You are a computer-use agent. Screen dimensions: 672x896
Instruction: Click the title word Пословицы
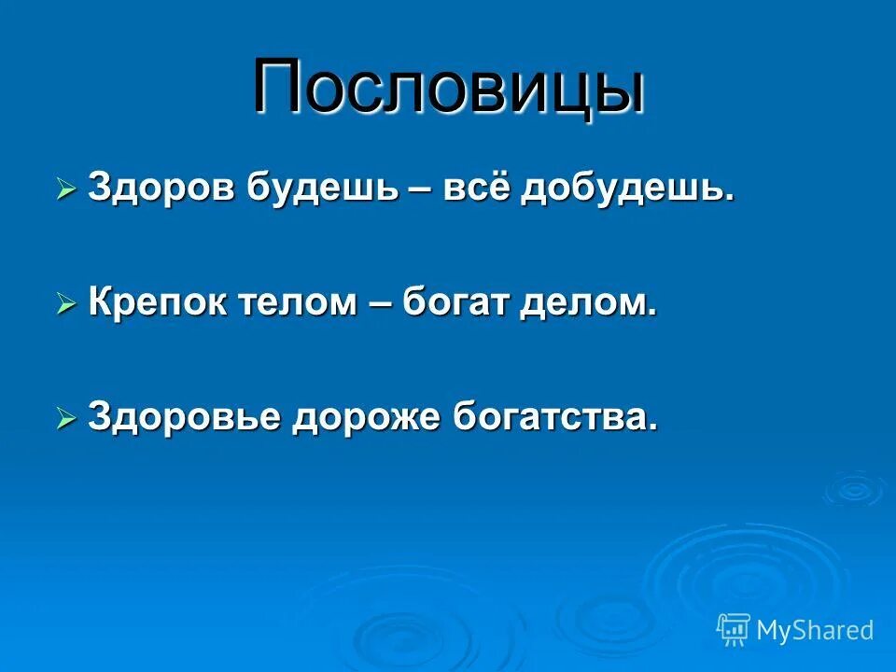point(448,90)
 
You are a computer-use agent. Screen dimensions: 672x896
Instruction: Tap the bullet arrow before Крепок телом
point(65,305)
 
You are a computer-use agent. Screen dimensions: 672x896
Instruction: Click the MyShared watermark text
point(815,630)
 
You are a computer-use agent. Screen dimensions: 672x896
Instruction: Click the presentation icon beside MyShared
point(734,629)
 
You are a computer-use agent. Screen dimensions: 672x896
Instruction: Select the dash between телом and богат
point(381,304)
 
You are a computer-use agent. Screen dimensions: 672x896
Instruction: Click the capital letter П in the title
point(281,88)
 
